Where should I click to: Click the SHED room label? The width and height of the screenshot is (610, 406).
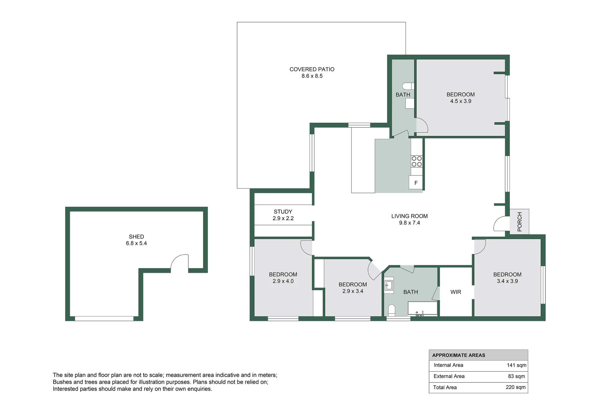click(x=136, y=237)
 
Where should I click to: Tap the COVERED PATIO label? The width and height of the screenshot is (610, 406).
click(x=312, y=69)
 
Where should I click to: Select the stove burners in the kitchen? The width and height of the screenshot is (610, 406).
click(x=417, y=161)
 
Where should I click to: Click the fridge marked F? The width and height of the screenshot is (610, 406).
click(x=416, y=182)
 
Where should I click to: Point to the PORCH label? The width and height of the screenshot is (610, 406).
click(x=520, y=221)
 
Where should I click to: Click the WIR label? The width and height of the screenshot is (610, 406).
click(x=456, y=292)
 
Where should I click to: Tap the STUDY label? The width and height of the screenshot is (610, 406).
click(x=283, y=212)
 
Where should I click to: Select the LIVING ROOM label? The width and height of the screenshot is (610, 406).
click(x=410, y=216)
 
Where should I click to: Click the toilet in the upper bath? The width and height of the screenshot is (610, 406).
click(x=408, y=86)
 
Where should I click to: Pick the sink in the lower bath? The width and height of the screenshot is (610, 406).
click(x=389, y=285)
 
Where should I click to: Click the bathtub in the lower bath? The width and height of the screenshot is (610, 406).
click(x=423, y=309)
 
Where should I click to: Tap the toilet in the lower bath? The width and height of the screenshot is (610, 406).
click(x=392, y=310)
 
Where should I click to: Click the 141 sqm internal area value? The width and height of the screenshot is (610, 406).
click(x=517, y=365)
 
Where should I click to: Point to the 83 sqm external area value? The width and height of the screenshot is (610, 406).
click(x=517, y=376)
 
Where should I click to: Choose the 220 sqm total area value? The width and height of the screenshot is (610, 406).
click(x=516, y=387)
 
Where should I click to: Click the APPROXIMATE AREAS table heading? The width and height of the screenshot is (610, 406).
click(x=459, y=355)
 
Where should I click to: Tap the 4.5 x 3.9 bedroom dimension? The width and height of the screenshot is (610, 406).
click(x=461, y=101)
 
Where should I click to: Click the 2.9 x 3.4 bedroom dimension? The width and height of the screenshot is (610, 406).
click(x=353, y=291)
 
